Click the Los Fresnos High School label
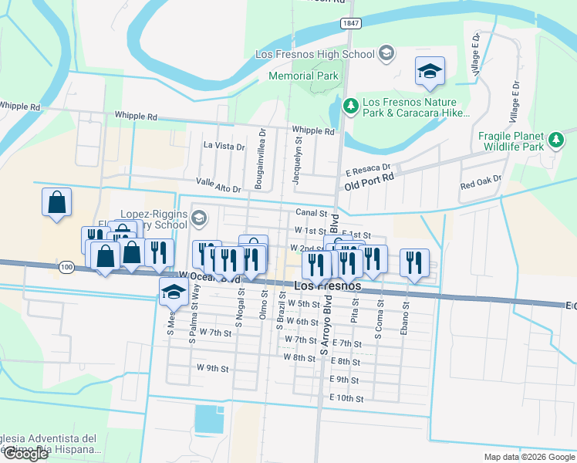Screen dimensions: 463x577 (315, 54)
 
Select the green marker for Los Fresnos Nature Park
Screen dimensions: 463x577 (350, 105)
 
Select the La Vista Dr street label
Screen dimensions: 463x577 (224, 145)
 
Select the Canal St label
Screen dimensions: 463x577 (312, 213)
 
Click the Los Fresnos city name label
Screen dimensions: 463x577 (328, 286)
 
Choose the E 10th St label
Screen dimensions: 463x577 (345, 398)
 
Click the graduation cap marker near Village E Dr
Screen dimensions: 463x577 (430, 72)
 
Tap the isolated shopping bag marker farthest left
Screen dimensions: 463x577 (56, 203)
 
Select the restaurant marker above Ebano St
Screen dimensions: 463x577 (414, 263)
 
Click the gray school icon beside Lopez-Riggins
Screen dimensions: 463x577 (200, 218)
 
